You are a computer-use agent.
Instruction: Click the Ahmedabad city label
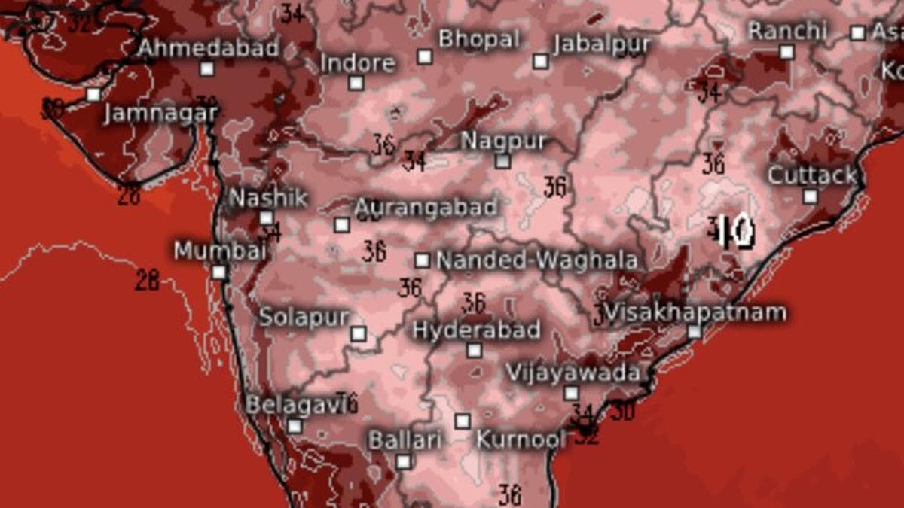209,48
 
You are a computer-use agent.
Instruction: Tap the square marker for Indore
356,83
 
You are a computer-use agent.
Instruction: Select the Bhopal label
479,38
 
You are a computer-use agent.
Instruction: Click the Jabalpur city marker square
540,62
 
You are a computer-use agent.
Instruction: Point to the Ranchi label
787,31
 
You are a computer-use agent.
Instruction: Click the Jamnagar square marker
93,95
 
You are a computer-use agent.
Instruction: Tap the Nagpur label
503,141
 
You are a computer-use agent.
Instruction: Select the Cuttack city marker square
810,197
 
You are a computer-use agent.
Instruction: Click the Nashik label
268,198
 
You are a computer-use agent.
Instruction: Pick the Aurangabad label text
426,207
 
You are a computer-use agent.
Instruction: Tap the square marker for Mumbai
219,272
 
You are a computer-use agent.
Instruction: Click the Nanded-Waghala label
537,261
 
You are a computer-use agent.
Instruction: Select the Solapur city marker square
359,333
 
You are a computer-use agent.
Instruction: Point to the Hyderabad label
476,330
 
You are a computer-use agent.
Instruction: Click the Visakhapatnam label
695,312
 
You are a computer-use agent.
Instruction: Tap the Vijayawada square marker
572,393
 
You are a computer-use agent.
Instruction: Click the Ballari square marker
405,461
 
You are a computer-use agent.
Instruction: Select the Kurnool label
521,440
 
